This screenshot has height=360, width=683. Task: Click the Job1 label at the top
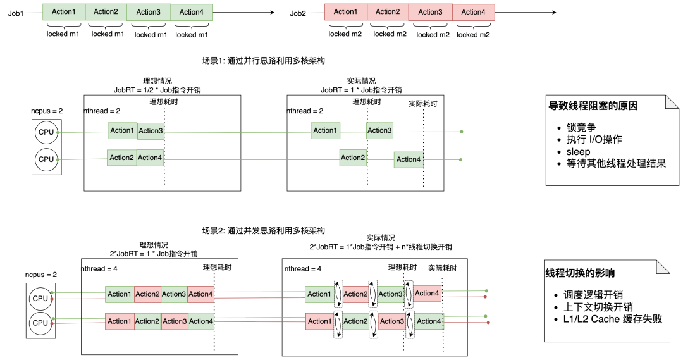[x=16, y=13]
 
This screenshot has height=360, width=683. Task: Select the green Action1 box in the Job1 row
[x=63, y=12]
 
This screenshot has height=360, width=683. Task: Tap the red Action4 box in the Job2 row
[x=473, y=12]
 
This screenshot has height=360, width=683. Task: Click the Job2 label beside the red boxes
[x=298, y=13]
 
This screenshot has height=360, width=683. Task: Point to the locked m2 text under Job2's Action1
[x=345, y=34]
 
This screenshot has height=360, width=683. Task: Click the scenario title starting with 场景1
[x=263, y=61]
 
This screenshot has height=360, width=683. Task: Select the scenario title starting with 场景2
[x=263, y=230]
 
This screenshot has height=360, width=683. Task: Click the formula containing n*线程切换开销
[x=381, y=247]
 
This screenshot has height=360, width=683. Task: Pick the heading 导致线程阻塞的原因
[x=593, y=106]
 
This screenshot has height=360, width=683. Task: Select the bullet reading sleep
[x=574, y=152]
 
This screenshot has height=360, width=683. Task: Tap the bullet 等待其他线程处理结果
[x=611, y=164]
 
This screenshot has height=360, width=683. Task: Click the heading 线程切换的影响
[x=580, y=273]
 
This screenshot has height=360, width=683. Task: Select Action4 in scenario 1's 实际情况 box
[x=409, y=159]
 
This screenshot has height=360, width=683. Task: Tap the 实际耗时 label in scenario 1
[x=422, y=103]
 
